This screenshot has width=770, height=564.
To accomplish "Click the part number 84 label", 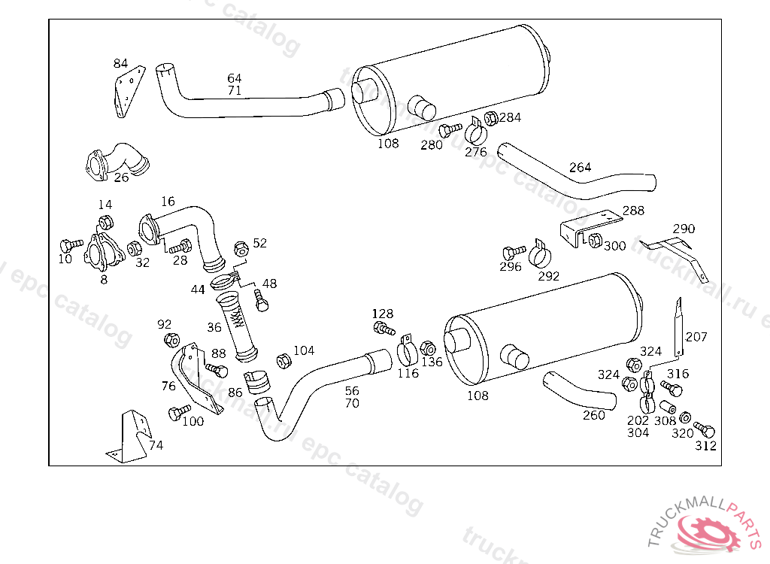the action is (x=120, y=63).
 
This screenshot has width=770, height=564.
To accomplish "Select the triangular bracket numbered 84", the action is (x=130, y=92).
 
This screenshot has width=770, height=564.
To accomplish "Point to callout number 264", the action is (x=580, y=167).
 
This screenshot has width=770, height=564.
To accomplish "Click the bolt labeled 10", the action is (x=71, y=245).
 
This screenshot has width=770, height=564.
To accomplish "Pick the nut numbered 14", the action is (x=105, y=223).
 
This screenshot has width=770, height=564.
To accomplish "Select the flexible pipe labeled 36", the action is (x=237, y=326).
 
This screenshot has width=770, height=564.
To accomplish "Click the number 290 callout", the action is (x=684, y=229).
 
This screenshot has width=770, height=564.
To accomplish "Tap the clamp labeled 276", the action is (x=475, y=130).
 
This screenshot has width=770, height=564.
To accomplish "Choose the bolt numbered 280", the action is (x=450, y=130).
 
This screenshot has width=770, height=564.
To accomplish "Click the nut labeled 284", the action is (x=491, y=118).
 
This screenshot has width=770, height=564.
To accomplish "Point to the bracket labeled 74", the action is (x=129, y=436).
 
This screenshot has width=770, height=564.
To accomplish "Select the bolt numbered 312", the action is (x=705, y=429).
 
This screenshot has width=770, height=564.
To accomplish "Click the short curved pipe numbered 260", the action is (x=580, y=391).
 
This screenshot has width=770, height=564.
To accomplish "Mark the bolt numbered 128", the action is (x=384, y=328).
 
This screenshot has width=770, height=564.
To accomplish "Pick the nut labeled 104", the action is (x=283, y=361).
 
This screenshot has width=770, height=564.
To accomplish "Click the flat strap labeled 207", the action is (x=678, y=326).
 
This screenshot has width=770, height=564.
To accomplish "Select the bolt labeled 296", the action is (x=514, y=253).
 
